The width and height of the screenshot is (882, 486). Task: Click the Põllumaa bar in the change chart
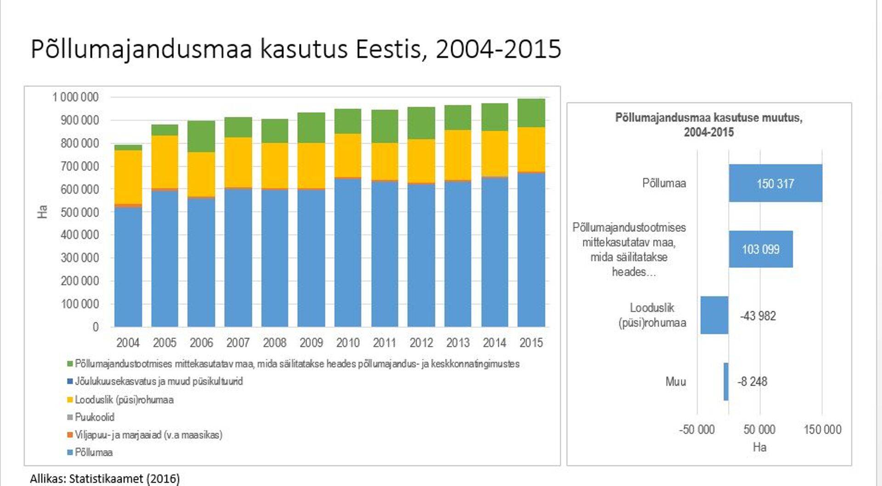tap(775, 183)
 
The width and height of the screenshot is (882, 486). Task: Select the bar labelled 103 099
tap(761, 249)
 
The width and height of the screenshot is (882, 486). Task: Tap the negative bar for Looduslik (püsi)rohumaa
tap(714, 315)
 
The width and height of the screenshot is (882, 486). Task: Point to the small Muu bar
tap(726, 381)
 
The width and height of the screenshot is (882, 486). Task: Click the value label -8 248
tap(752, 382)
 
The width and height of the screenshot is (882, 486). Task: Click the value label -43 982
tap(758, 316)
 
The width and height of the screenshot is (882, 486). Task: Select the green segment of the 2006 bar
tap(201, 136)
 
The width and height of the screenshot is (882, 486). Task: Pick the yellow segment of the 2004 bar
tap(128, 177)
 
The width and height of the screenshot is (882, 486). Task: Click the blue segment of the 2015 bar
tap(531, 250)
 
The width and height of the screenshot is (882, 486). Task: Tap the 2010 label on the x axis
tap(348, 343)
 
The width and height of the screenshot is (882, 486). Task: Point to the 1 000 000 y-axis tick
tap(75, 97)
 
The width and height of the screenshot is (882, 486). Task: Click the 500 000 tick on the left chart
tap(79, 212)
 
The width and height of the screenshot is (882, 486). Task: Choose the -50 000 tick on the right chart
tap(696, 430)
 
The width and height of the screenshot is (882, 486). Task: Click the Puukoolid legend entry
tap(94, 417)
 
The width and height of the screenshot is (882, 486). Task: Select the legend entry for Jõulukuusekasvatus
tap(158, 381)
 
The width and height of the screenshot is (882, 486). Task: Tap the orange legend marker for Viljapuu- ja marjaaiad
tap(70, 435)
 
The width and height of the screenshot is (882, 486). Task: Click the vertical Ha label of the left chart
tap(42, 212)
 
